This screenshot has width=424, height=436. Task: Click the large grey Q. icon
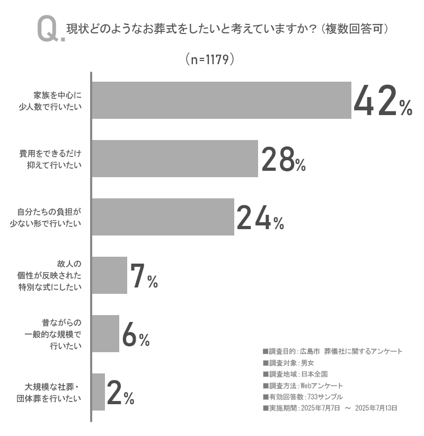click(x=50, y=30)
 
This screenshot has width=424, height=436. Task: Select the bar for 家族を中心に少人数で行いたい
click(x=222, y=100)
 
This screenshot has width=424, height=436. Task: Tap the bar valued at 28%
click(x=175, y=159)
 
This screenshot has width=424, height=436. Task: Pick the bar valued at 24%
click(x=163, y=217)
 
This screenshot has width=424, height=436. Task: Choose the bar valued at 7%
click(x=110, y=275)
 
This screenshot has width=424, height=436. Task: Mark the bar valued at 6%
click(x=105, y=334)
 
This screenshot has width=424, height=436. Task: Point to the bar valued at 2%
click(x=99, y=392)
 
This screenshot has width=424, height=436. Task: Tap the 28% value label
click(x=284, y=159)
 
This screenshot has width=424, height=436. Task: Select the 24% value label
click(x=260, y=217)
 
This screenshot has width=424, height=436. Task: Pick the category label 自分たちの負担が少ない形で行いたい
click(x=48, y=217)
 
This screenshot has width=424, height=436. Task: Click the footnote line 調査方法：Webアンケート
click(x=303, y=386)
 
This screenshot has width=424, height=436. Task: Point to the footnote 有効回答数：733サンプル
click(x=303, y=397)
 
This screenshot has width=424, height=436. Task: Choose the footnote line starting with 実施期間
click(x=330, y=408)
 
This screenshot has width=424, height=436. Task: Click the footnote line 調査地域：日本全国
click(x=295, y=374)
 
